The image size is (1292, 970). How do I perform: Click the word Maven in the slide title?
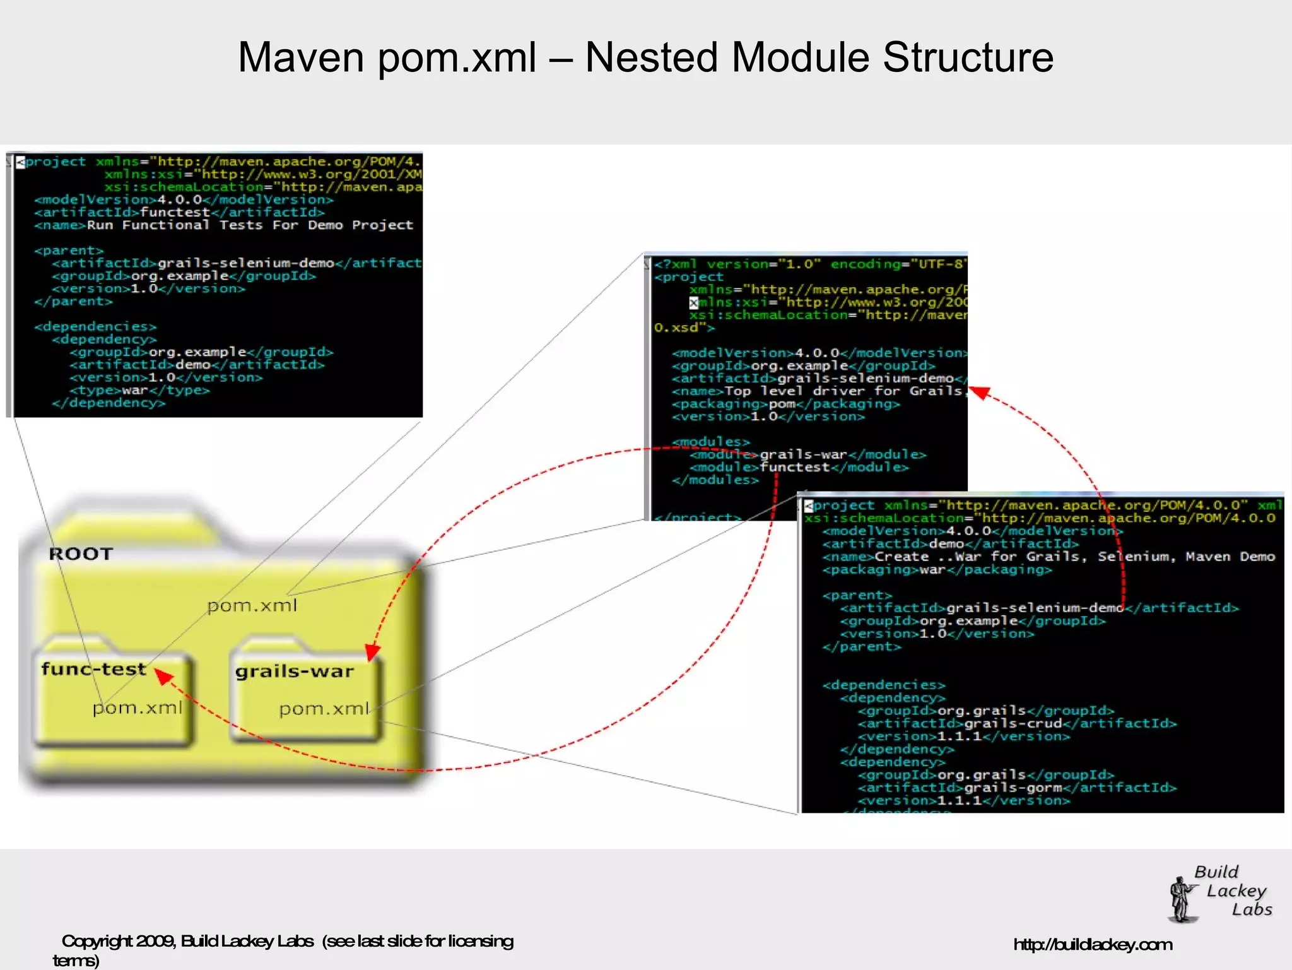302,58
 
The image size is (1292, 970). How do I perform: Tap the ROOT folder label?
81,554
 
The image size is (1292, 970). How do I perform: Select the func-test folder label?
93,669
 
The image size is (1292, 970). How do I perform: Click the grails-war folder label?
294,671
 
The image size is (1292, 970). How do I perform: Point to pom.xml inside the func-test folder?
138,708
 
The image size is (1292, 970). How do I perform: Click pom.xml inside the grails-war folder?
324,709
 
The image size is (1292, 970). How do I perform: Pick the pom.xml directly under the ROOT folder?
252,606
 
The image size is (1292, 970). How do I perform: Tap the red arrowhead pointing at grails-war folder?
372,653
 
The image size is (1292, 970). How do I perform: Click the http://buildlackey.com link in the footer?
1093,945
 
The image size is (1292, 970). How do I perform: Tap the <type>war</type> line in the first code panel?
139,391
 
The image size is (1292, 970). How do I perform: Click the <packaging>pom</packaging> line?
785,404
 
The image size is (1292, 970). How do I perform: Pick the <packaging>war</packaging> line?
937,570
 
